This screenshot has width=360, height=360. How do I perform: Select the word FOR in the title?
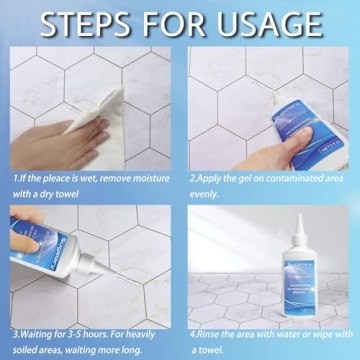[180, 24]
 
